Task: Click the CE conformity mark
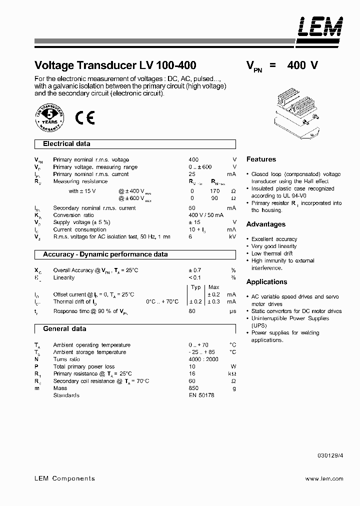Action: (85, 117)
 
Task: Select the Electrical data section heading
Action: (66, 144)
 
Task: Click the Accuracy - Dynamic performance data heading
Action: (105, 254)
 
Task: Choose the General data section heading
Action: (64, 329)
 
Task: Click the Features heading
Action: (261, 159)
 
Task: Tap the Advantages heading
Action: (266, 224)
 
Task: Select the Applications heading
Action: (266, 282)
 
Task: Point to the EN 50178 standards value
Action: (201, 395)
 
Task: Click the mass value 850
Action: (193, 388)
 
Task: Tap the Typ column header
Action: (196, 287)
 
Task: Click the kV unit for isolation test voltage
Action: (232, 236)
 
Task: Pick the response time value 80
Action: (192, 311)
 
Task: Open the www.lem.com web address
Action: (324, 478)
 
